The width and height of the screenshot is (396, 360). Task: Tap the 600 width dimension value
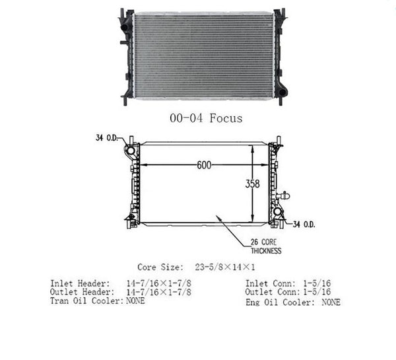point(203,166)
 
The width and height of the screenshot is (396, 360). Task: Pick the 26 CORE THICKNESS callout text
point(265,247)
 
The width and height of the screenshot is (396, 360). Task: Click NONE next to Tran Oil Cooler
point(135,301)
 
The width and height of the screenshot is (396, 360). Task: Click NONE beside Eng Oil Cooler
point(331,302)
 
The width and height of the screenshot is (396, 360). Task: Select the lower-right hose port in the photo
point(282,91)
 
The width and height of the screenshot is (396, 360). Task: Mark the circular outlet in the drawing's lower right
point(278,213)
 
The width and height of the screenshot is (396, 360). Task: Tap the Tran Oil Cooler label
point(86,301)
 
